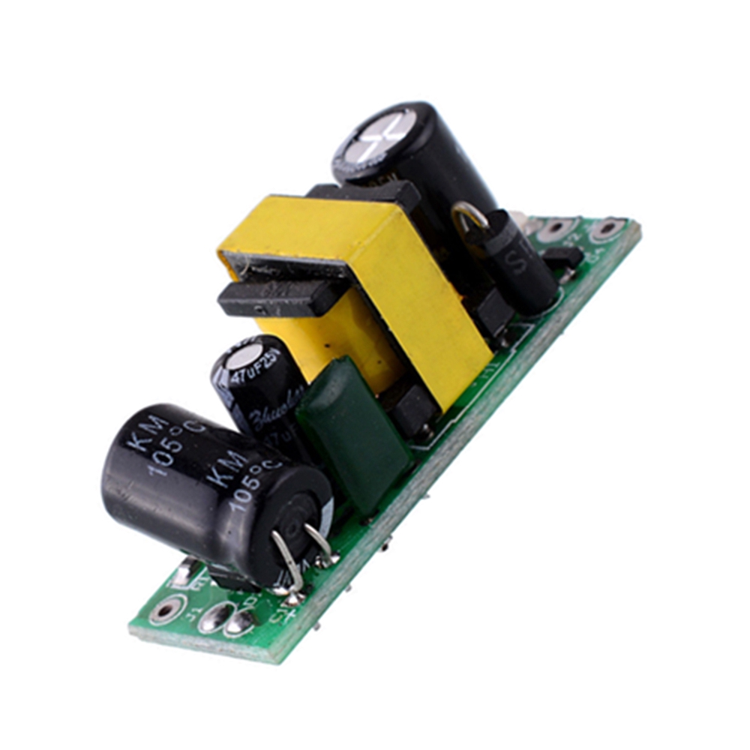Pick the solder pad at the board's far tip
[x=607, y=229]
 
